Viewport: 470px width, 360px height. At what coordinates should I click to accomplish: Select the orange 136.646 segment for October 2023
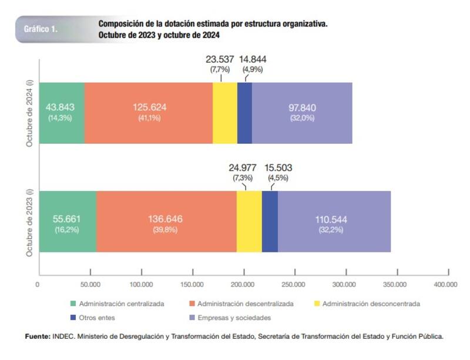(166, 221)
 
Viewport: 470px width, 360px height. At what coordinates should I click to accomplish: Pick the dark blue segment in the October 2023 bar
(270, 221)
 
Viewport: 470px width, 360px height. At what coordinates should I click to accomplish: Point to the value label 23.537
(220, 60)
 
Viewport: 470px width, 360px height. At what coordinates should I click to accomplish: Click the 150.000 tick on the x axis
(192, 285)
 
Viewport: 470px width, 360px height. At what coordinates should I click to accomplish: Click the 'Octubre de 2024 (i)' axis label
(29, 114)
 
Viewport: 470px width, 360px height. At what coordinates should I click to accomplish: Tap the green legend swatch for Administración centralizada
(73, 304)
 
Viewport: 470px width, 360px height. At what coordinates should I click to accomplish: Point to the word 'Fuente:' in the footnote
(38, 337)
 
